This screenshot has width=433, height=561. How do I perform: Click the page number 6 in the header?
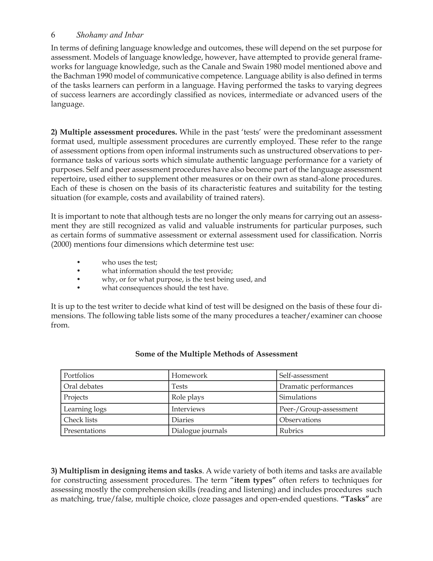53,35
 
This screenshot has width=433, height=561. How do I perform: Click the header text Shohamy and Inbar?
110,35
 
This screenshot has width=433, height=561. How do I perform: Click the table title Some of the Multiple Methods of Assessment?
216,354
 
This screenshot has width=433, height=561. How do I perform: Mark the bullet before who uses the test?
78,262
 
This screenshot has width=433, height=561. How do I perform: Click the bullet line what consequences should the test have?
165,288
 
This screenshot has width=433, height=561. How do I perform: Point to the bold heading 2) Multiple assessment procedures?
114,132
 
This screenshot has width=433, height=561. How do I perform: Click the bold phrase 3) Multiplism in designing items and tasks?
126,471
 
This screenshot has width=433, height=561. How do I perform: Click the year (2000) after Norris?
61,244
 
